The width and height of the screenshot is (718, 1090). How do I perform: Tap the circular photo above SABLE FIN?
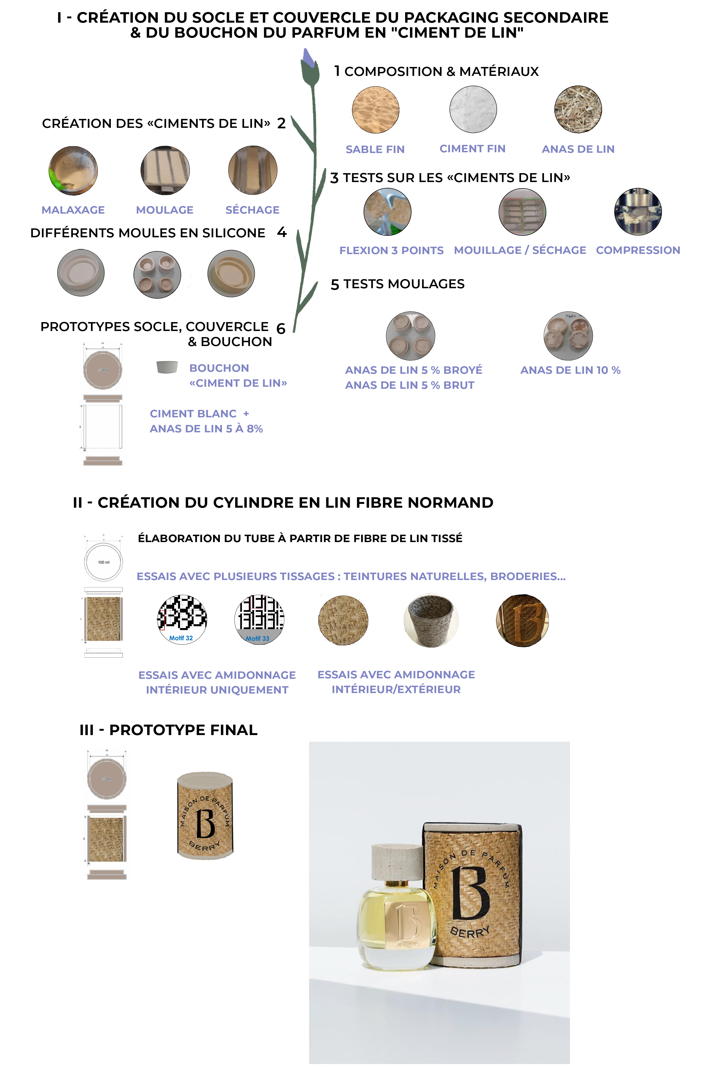tap(375, 109)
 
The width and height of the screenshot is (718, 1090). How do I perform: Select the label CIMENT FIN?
tap(472, 149)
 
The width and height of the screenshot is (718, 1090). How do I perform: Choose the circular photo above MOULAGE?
tap(165, 170)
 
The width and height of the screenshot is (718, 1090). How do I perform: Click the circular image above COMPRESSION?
tap(638, 212)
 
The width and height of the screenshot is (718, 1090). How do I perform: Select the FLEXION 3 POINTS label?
tap(391, 251)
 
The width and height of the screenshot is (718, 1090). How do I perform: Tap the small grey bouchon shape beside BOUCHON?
tap(167, 367)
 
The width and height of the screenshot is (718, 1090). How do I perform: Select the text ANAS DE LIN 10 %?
tap(570, 370)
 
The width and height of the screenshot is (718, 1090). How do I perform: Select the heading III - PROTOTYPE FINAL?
tap(169, 730)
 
